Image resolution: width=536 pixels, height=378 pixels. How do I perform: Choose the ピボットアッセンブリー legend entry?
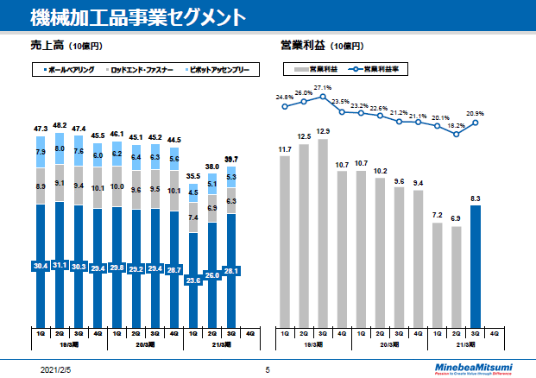[x=221, y=68]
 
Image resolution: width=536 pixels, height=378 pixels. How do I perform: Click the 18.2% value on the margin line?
[x=456, y=126]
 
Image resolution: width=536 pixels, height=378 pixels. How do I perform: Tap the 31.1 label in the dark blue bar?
[x=60, y=265]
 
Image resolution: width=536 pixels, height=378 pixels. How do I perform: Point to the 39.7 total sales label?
[x=231, y=160]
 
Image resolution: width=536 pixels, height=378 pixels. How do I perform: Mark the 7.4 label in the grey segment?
[x=193, y=218]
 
